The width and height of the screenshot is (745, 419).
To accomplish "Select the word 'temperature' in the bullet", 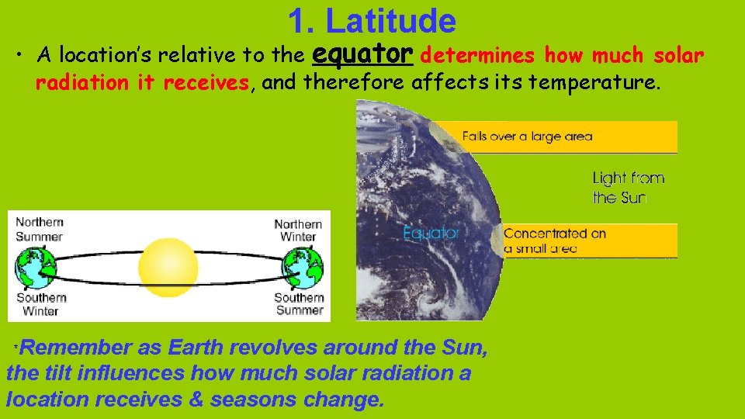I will [x=612, y=82].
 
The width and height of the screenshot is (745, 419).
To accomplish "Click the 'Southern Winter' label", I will [x=40, y=303].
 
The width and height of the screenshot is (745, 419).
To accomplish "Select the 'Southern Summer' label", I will [x=299, y=303].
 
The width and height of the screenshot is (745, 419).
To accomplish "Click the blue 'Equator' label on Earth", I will [x=431, y=233].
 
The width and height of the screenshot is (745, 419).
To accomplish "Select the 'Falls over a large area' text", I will [x=527, y=137].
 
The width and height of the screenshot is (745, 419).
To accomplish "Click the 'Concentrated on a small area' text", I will [x=554, y=241].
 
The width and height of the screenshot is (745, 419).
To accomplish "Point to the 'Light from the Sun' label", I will [x=628, y=188].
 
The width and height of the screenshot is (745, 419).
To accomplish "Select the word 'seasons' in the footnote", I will [x=255, y=400].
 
